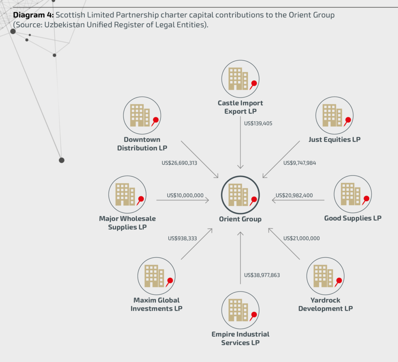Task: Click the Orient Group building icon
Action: click(x=240, y=194)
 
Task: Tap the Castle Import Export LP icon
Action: click(x=240, y=78)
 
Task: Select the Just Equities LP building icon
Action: click(x=334, y=115)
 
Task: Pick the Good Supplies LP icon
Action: click(x=353, y=193)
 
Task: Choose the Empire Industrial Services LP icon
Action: click(x=240, y=310)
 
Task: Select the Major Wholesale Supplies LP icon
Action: click(x=127, y=193)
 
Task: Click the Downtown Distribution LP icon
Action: click(x=142, y=115)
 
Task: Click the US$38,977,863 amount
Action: click(x=262, y=275)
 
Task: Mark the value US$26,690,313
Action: click(x=179, y=163)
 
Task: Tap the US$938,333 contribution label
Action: click(x=182, y=238)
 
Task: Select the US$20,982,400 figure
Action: click(x=294, y=195)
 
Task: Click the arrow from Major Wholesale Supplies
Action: click(x=183, y=200)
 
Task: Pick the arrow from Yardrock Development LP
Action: click(x=284, y=244)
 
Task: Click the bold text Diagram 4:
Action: click(x=33, y=16)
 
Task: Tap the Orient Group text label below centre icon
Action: click(x=240, y=219)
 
